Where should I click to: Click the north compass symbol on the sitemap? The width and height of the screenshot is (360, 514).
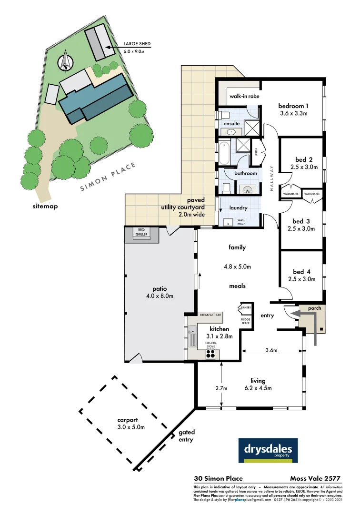(x=65, y=62)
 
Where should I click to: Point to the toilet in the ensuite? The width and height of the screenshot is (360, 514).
(x=224, y=115)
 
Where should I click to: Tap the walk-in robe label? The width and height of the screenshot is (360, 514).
(x=244, y=96)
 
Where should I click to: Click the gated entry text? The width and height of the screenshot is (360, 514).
(x=186, y=436)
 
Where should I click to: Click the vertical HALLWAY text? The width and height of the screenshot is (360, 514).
(x=272, y=178)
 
